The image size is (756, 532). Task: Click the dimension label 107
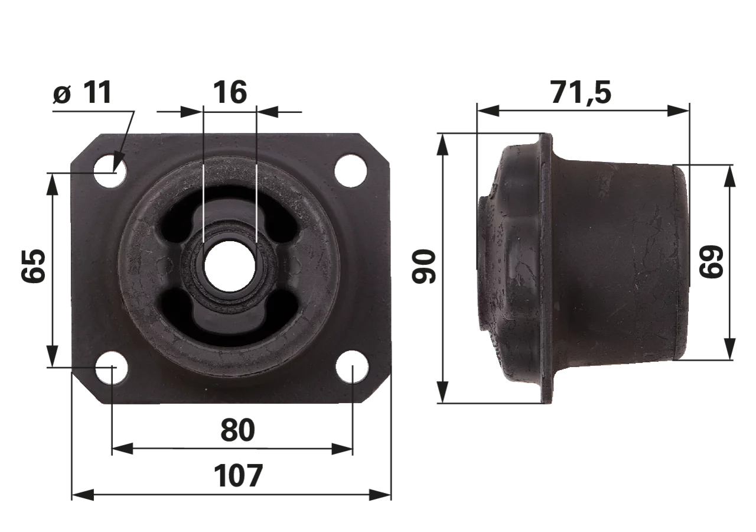click(238, 476)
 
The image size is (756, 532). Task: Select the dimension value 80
click(237, 430)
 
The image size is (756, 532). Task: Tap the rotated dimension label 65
click(33, 266)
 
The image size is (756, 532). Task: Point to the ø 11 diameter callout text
click(82, 93)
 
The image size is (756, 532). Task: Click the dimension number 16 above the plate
click(230, 92)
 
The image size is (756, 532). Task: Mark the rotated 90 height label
click(424, 266)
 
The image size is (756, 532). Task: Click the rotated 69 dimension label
click(711, 262)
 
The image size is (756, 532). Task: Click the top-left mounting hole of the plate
click(110, 171)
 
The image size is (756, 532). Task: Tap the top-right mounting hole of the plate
click(351, 171)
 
